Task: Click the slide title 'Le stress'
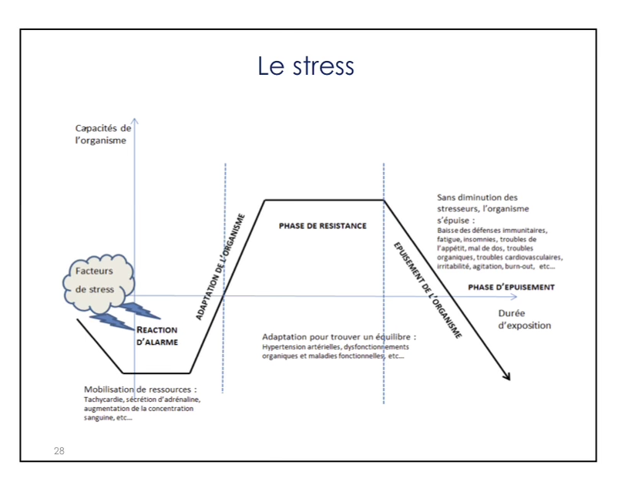click(x=306, y=66)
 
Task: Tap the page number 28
click(x=59, y=450)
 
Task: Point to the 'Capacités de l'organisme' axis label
click(x=102, y=134)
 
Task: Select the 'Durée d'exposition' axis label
click(x=524, y=319)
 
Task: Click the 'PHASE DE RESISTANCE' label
click(x=322, y=226)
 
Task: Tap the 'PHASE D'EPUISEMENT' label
click(x=511, y=287)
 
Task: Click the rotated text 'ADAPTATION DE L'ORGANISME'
click(x=220, y=267)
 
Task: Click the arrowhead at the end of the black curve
click(x=506, y=376)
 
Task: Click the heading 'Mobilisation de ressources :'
click(x=140, y=389)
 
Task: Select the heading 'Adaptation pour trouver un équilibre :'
click(x=339, y=337)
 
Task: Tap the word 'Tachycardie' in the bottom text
click(x=103, y=400)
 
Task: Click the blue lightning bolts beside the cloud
click(x=127, y=312)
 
